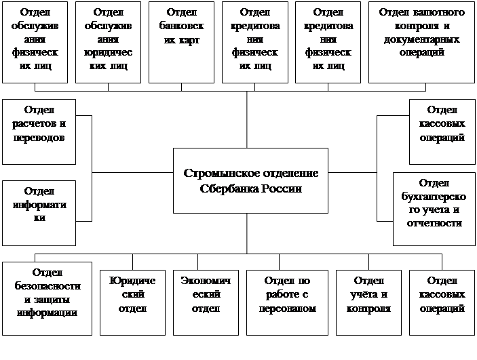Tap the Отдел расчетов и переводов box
coord(39,132)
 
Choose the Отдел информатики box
coord(39,213)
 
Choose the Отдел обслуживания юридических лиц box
coord(107,42)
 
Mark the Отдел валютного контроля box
coord(421,42)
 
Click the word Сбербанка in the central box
coord(229,188)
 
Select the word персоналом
coord(288,308)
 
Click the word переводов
coord(39,138)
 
